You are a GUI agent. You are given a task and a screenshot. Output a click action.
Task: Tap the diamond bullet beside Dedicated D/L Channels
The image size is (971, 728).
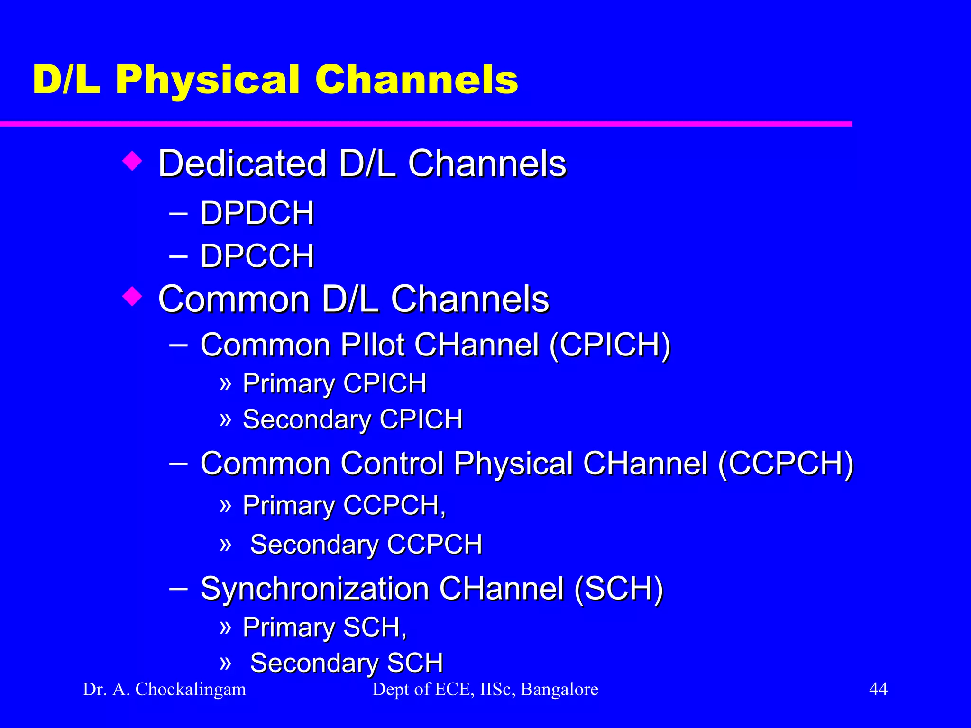coord(132,161)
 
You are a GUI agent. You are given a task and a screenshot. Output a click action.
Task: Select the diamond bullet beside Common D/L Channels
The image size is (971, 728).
coord(132,297)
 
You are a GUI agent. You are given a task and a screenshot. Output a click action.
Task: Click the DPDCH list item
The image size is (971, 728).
coord(257,213)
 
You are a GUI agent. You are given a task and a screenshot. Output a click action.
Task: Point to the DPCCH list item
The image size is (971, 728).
coord(257,256)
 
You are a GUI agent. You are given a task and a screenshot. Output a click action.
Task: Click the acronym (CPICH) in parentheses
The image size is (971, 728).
coord(610,345)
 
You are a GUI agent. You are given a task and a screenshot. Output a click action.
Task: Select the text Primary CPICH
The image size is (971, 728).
coord(334,383)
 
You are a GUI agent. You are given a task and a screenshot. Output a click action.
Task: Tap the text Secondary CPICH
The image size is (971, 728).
coord(352,419)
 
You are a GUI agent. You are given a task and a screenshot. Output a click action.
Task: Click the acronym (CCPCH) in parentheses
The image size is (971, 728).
coord(785,463)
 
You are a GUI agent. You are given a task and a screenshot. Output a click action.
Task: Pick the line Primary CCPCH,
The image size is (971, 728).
coord(344,505)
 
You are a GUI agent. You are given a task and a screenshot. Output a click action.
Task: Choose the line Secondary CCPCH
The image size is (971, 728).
coord(366,544)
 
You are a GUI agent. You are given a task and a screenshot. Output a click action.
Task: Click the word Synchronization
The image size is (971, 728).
coord(314,589)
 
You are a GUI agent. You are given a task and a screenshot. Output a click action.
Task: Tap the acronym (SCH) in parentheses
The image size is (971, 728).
coord(618,589)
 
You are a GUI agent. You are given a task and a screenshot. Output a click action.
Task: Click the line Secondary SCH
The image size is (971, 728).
coord(346,663)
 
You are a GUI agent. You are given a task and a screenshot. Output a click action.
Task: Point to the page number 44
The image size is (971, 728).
coord(878,689)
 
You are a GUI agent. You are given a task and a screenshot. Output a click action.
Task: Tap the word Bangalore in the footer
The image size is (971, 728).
coord(559,689)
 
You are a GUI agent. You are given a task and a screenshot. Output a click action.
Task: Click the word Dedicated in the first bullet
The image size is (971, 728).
coord(242,164)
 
